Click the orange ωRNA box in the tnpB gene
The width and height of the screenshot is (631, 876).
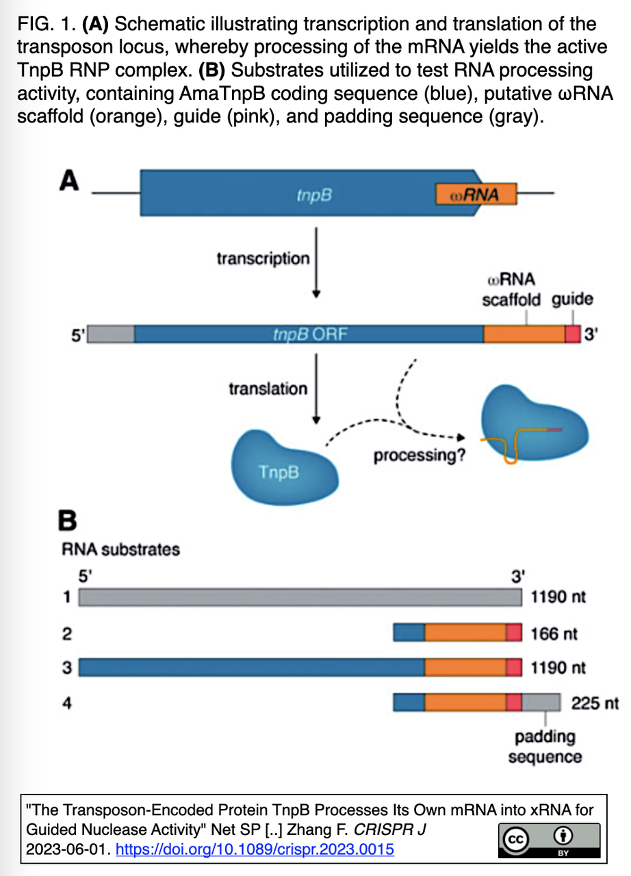pos(476,195)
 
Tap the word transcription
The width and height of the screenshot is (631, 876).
pos(263,259)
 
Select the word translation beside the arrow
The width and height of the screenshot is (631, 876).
pos(268,389)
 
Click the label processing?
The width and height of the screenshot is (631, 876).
pos(420,455)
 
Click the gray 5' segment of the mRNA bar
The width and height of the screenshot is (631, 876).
pos(112,334)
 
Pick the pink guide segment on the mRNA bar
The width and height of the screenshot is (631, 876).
pos(572,334)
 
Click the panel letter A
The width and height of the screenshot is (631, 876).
pos(70,181)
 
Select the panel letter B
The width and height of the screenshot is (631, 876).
pos(67,521)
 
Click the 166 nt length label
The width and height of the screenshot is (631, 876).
pos(554,633)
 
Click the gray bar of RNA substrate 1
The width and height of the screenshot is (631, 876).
pos(300,597)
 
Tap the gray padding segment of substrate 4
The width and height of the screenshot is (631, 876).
pos(541,703)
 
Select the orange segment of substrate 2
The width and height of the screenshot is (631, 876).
pos(465,633)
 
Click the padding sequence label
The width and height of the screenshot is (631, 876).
pos(545,747)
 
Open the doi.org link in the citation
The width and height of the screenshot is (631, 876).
pos(255,850)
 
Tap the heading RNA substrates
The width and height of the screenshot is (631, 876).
pos(120,550)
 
